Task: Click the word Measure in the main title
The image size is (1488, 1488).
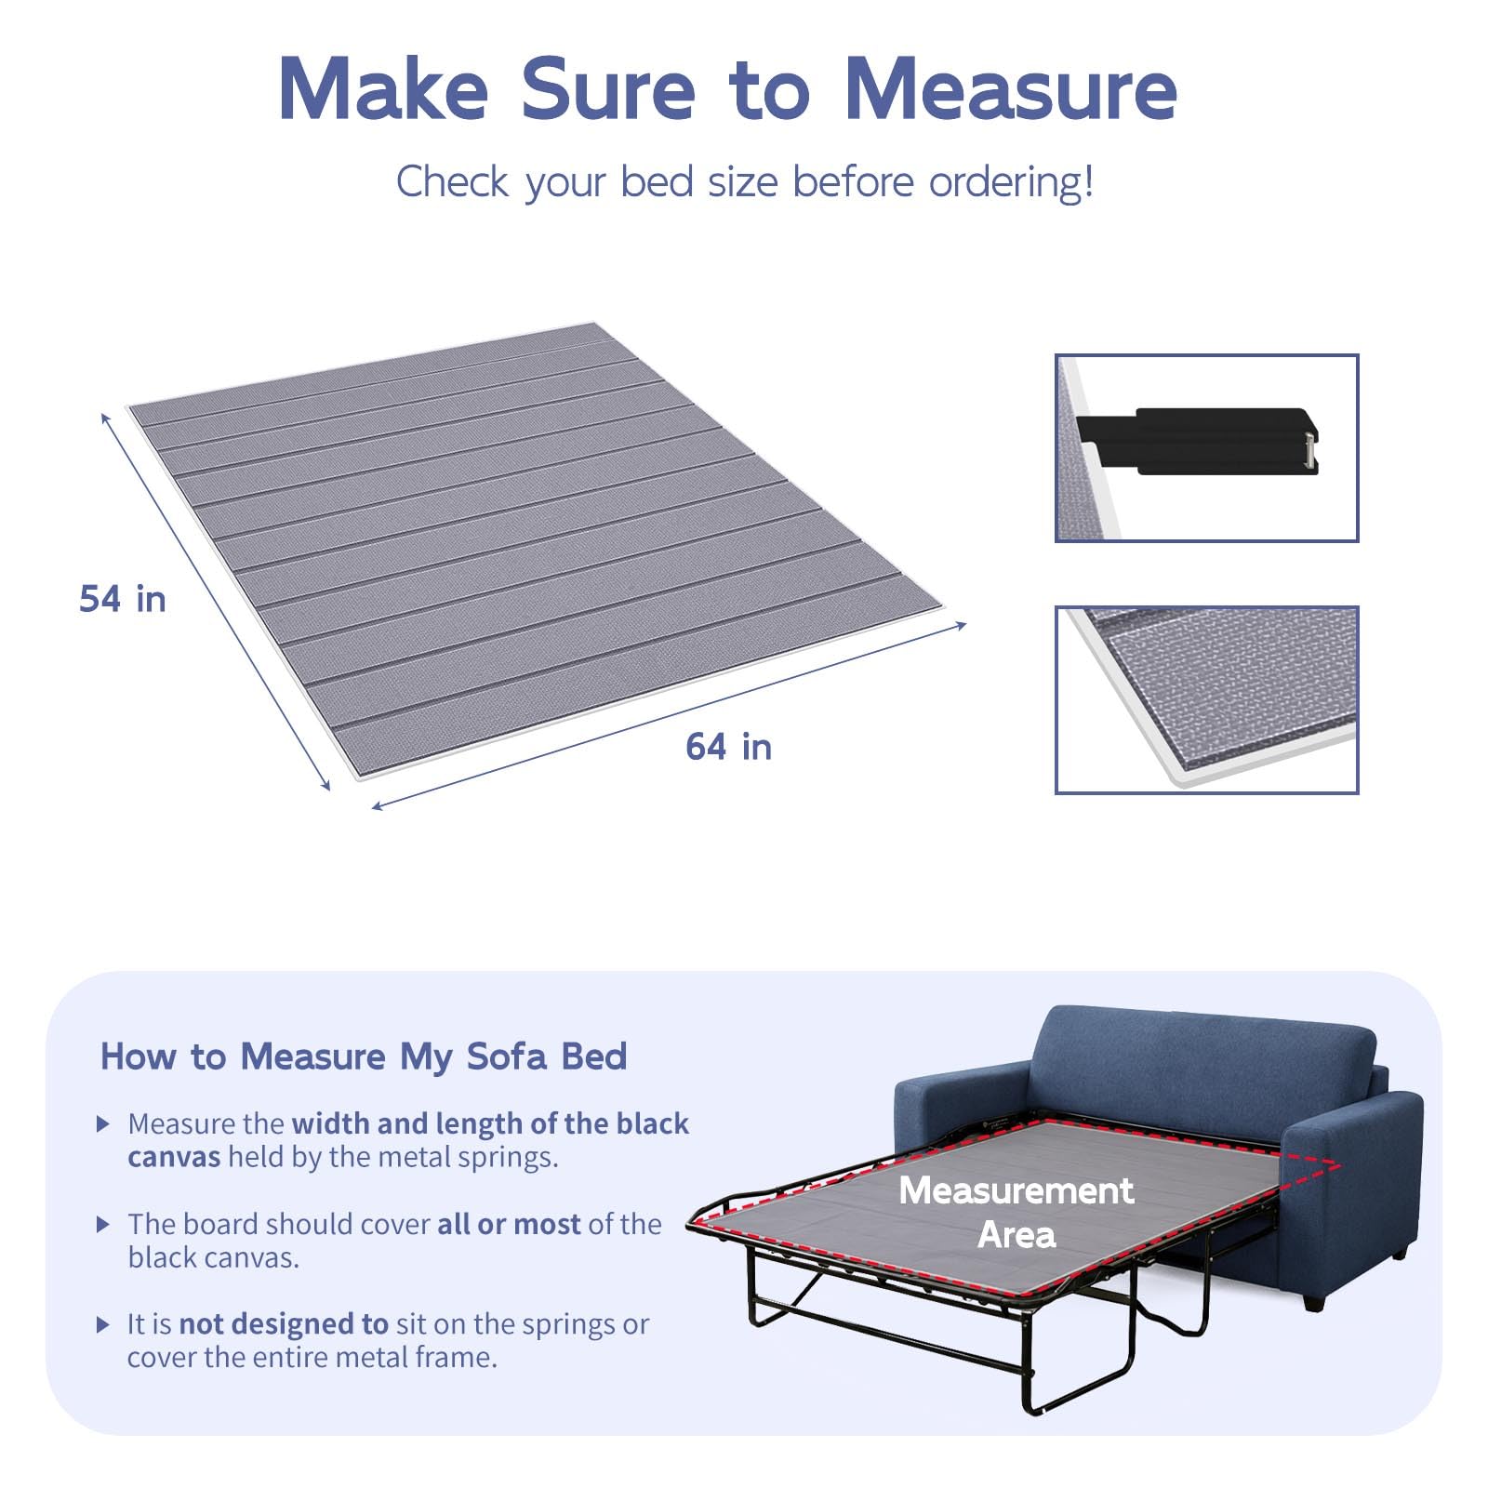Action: tap(1012, 89)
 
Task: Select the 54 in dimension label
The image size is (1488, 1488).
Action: tap(123, 599)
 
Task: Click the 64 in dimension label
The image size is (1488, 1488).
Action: tap(729, 747)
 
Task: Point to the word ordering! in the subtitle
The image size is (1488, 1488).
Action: tap(1012, 182)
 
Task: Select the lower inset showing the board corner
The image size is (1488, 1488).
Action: tap(1207, 699)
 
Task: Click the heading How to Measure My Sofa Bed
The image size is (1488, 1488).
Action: tap(364, 1056)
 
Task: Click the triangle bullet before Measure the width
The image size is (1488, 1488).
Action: tap(103, 1123)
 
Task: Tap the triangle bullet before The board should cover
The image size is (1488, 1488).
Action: tap(103, 1224)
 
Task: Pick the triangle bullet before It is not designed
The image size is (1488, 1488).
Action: tap(103, 1324)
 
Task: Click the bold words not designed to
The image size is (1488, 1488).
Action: tap(284, 1324)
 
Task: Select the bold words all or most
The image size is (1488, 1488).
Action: tap(509, 1224)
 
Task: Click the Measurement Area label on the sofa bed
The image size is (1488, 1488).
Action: tap(1016, 1213)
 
